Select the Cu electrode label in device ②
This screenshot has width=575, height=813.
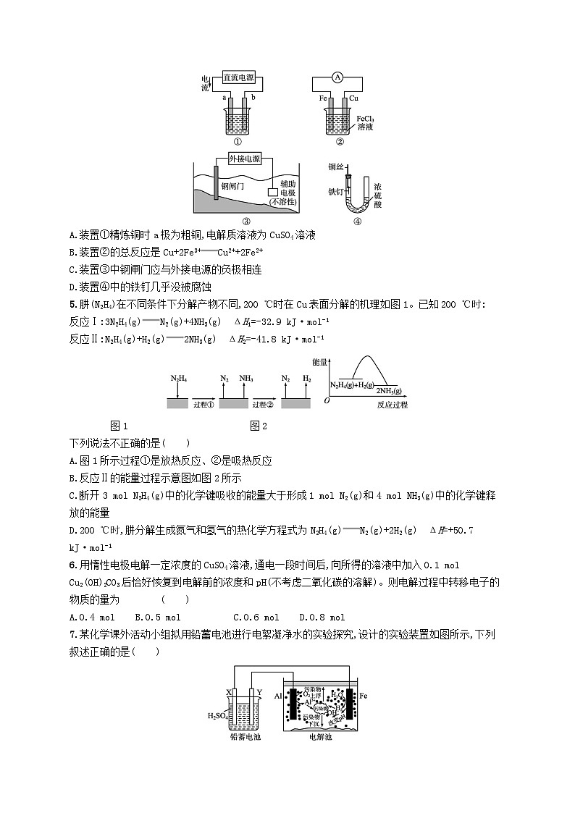click(x=355, y=97)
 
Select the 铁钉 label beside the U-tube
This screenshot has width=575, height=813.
click(x=335, y=191)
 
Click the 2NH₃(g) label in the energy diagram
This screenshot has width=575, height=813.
click(x=388, y=390)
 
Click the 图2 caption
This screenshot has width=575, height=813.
click(x=259, y=426)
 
